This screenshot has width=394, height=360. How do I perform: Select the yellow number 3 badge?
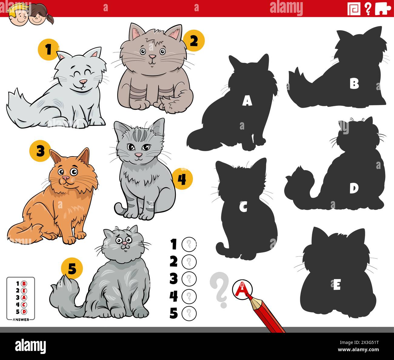click(40, 151)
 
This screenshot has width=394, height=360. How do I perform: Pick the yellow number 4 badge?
click(182, 179)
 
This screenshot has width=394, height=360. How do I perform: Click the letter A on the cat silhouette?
click(247, 101)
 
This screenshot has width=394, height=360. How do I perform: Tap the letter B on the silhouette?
click(354, 84)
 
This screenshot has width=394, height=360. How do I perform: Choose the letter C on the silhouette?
click(243, 207)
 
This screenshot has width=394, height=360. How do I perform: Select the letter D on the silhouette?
click(353, 188)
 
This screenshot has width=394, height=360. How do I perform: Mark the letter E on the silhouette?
click(336, 285)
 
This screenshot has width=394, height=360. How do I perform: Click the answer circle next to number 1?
click(189, 244)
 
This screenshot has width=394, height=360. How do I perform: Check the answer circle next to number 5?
click(189, 313)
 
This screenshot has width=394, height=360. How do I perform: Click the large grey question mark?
click(219, 289)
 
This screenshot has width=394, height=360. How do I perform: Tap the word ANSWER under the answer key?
click(21, 319)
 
